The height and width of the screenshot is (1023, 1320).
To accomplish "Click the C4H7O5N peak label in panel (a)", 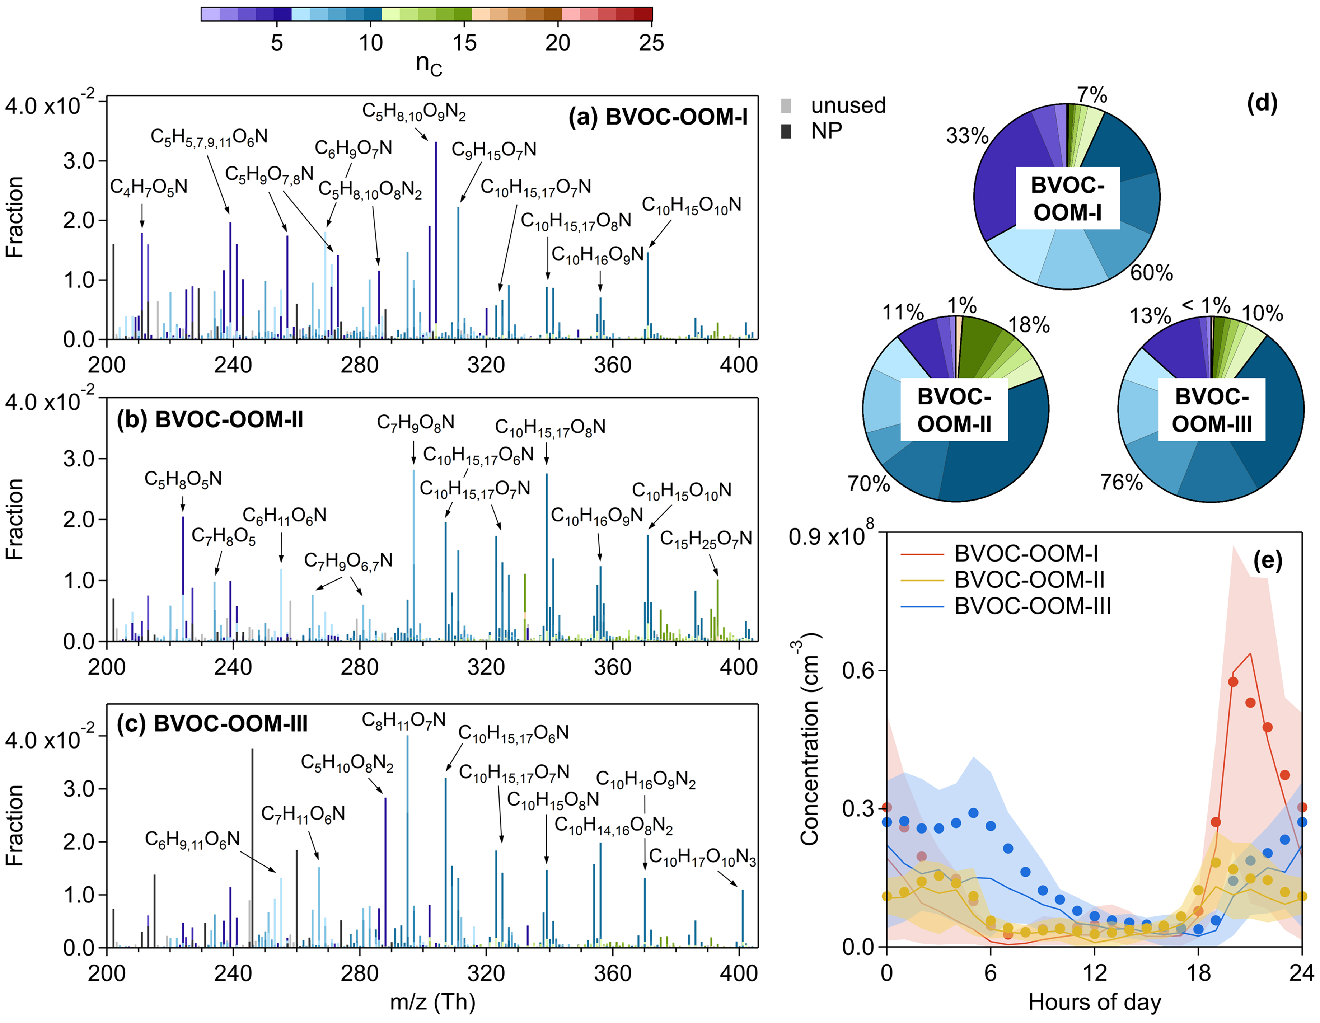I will pos(149,187).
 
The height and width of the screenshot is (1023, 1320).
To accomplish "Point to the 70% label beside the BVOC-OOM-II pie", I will pos(869,483).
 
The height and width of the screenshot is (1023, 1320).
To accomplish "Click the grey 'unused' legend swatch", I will pos(786,106).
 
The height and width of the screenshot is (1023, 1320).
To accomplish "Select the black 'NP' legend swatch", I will pos(786,131).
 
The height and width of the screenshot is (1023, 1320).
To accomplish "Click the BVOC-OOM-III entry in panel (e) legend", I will pos(1032,606).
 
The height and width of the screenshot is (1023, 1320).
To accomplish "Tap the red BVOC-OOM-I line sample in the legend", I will pos(922,554).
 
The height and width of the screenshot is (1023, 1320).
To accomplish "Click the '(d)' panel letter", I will pos(1262,104).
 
